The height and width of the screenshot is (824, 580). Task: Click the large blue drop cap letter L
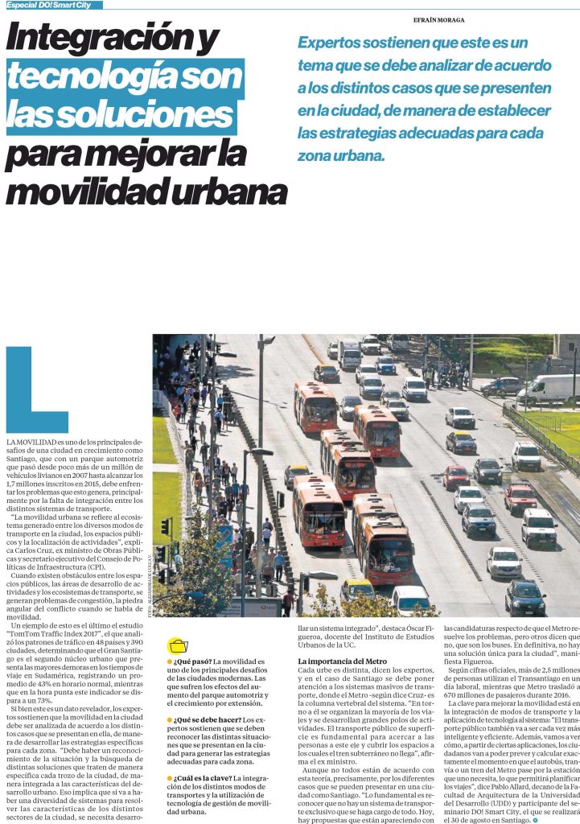[x=36, y=390]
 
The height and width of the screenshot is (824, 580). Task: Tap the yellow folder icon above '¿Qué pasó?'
[x=176, y=646]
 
